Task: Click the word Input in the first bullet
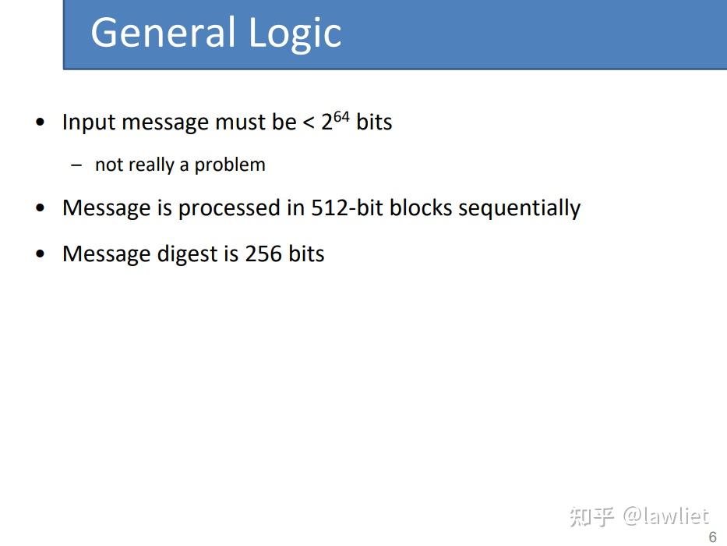[x=89, y=123]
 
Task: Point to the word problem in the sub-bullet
[x=230, y=165]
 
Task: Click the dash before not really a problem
[x=76, y=165]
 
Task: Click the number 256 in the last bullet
[x=263, y=254]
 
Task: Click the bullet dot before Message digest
[x=41, y=255]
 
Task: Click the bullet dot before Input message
[x=41, y=123]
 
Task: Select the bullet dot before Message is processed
[x=41, y=209]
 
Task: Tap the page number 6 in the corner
[x=712, y=537]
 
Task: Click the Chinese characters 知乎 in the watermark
[x=592, y=516]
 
